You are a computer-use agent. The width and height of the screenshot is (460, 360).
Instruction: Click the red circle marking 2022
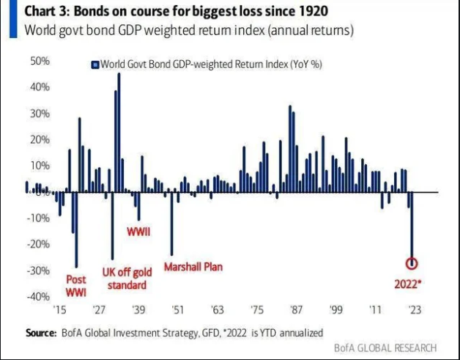point(412,263)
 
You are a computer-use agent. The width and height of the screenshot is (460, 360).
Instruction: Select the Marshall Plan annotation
point(193,267)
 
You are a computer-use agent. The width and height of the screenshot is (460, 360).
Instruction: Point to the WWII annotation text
point(138,232)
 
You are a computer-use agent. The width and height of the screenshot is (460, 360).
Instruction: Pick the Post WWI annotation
point(76,285)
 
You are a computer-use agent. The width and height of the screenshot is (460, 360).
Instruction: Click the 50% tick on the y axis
point(40,61)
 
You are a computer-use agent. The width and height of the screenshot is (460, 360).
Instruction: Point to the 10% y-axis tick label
point(40,166)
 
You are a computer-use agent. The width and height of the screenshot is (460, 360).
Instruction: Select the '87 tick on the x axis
point(296,309)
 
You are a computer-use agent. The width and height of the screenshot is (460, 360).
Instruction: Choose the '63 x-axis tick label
point(217,309)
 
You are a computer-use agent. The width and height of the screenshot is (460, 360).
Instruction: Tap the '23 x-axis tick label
point(415,309)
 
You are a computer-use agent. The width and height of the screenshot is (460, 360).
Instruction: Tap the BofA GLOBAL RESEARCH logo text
point(384,348)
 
